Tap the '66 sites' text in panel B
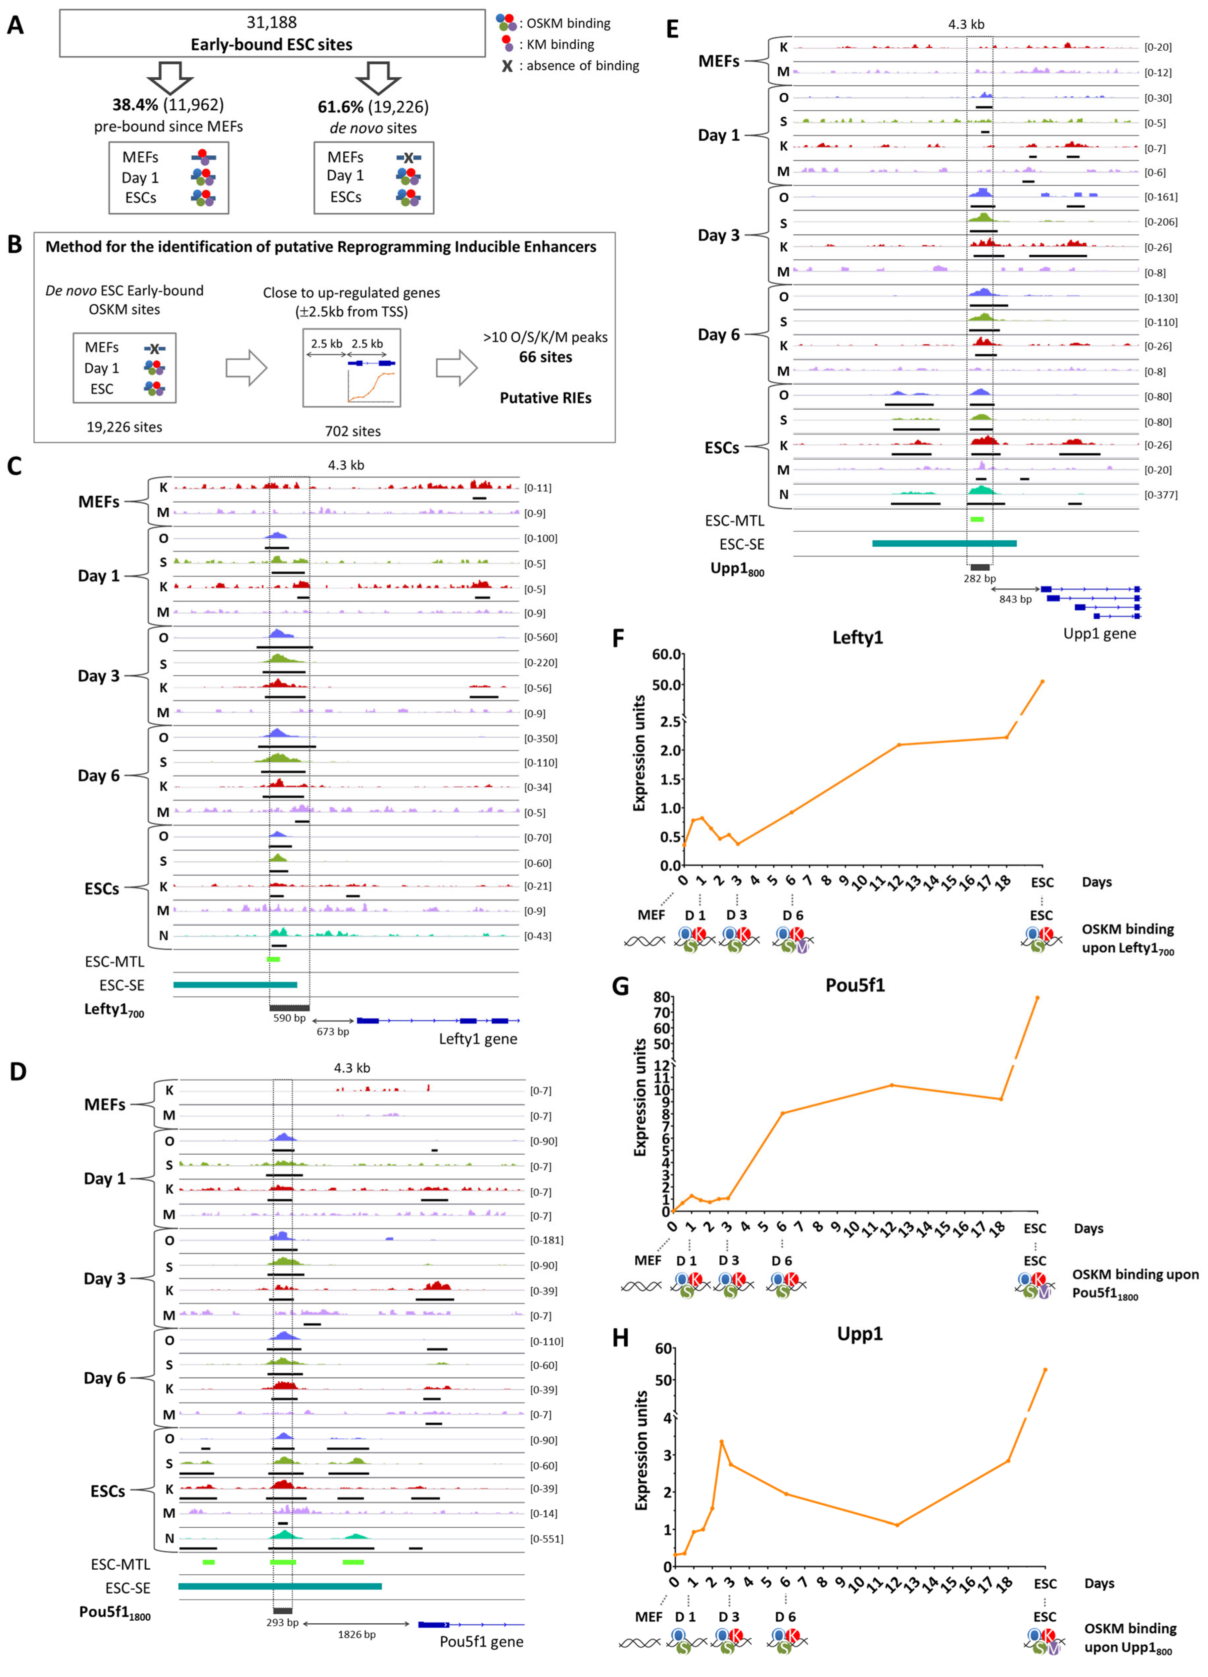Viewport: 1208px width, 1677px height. click(x=546, y=357)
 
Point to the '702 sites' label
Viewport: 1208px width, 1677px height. click(x=353, y=431)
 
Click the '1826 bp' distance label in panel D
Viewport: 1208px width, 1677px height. click(x=356, y=1634)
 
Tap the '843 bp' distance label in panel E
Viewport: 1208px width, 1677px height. click(x=1015, y=599)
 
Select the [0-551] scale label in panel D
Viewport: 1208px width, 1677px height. click(x=546, y=1539)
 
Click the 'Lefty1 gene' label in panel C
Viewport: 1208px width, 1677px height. click(x=478, y=1039)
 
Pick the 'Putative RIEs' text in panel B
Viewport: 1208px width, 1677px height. click(x=546, y=398)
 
